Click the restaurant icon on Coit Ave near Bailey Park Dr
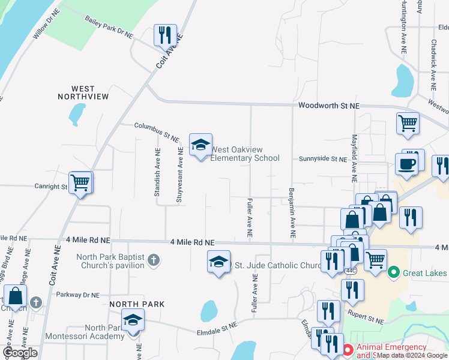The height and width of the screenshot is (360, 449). tap(164, 35)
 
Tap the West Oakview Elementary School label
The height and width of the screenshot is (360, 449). tap(245, 154)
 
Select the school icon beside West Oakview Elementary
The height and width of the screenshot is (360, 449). tap(200, 145)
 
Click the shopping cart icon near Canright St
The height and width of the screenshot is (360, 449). tap(80, 182)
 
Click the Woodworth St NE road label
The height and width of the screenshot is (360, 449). tap(328, 106)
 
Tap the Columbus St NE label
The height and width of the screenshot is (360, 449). tap(157, 133)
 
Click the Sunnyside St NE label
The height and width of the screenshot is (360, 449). tap(323, 160)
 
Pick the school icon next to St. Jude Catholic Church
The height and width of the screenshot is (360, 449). tap(218, 262)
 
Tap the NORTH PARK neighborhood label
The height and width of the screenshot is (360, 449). tap(137, 304)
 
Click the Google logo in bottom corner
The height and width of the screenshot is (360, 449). tap(20, 353)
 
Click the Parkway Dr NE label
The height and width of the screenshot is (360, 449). tap(77, 295)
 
